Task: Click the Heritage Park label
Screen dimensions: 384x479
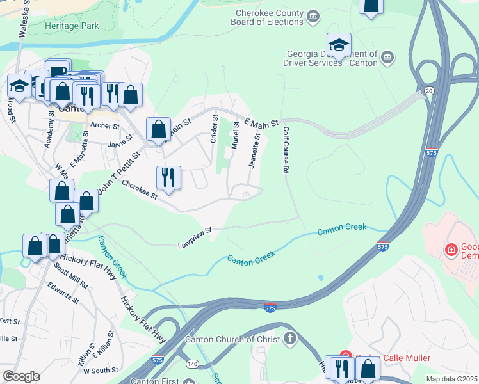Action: tap(72, 26)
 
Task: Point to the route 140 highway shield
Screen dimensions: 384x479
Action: tap(191, 364)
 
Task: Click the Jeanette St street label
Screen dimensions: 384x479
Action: tap(256, 150)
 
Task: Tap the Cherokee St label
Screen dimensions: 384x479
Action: tap(140, 193)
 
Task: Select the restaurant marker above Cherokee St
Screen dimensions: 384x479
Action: tap(168, 177)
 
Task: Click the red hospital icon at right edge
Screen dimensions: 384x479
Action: tap(451, 248)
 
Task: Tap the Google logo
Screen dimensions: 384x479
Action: tap(21, 376)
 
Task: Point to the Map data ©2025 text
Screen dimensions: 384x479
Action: tap(451, 379)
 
